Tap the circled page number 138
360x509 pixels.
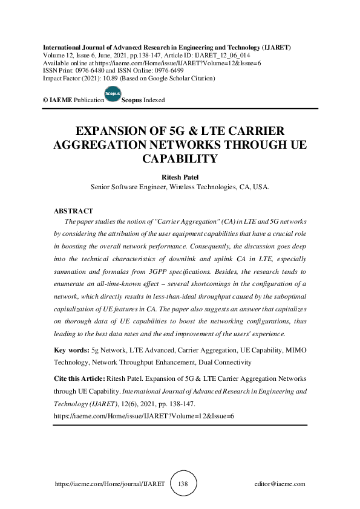point(184,484)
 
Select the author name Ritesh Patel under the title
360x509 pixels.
point(180,177)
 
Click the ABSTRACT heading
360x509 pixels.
point(73,211)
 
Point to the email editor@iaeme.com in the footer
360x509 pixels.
point(280,484)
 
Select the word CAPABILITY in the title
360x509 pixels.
point(180,159)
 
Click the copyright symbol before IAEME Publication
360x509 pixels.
point(45,100)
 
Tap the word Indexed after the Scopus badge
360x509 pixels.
point(154,100)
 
